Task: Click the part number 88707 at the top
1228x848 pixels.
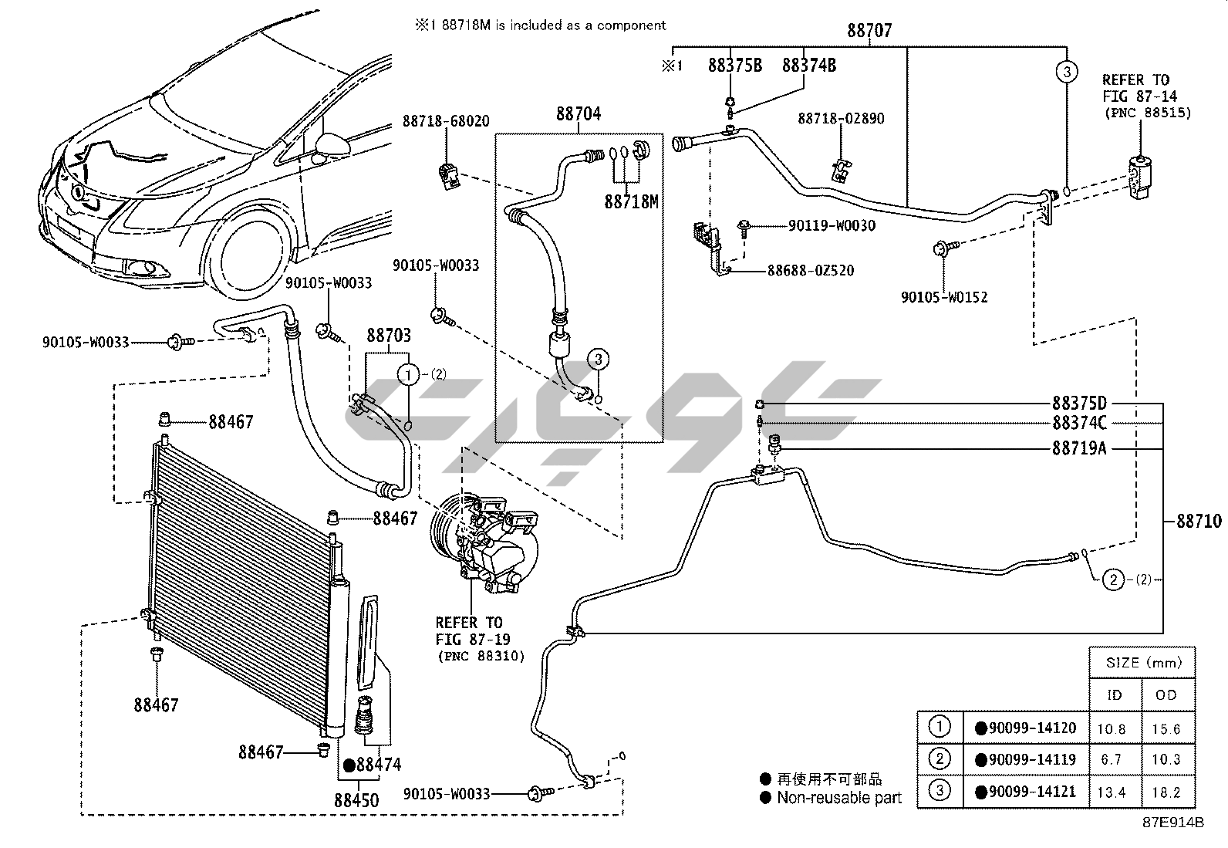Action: tap(869, 31)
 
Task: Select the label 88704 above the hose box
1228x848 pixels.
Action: tap(578, 114)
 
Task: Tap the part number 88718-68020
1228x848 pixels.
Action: tap(445, 122)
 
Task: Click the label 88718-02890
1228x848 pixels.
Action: tap(841, 119)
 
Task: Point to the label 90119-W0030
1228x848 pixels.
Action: tap(832, 226)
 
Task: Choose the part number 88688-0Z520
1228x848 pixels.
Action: tap(810, 271)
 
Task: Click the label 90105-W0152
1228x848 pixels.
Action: tap(944, 297)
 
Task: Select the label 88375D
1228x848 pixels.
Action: tap(1079, 404)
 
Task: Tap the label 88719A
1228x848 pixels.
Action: tap(1079, 448)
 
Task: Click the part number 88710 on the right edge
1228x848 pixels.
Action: tap(1199, 522)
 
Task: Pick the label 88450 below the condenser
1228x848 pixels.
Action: tap(356, 800)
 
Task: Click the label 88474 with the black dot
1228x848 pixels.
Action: tap(379, 765)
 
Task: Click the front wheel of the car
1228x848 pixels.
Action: tap(248, 255)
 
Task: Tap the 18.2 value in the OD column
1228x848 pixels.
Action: tap(1166, 792)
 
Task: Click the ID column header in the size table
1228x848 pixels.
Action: tap(1115, 695)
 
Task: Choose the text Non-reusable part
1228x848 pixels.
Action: tap(838, 798)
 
